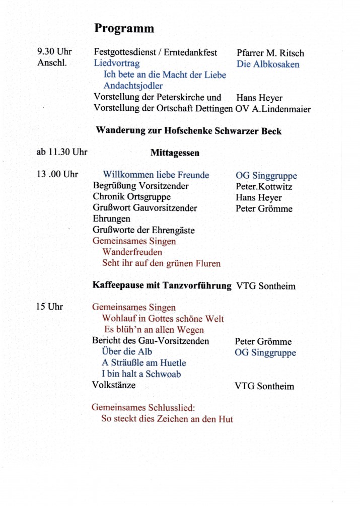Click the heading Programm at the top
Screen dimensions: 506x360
pyautogui.click(x=124, y=29)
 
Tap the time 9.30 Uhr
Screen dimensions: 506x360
pyautogui.click(x=54, y=52)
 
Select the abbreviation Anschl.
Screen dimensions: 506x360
pyautogui.click(x=52, y=63)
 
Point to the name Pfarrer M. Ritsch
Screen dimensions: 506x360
pyautogui.click(x=270, y=53)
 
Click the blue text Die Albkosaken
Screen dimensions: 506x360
pyautogui.click(x=268, y=64)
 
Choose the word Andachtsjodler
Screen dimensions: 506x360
pyautogui.click(x=133, y=86)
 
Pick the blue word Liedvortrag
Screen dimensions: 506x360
pyautogui.click(x=117, y=63)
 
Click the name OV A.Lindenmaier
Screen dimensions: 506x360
pyautogui.click(x=273, y=109)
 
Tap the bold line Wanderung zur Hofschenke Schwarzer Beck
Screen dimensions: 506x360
pyautogui.click(x=188, y=131)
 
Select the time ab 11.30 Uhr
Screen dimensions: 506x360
pyautogui.click(x=62, y=152)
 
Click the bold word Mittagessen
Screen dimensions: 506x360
pyautogui.click(x=175, y=153)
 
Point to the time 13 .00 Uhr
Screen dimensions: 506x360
pyautogui.click(x=57, y=175)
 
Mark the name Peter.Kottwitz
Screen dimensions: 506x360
pyautogui.click(x=264, y=186)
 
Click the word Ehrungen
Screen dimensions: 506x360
pyautogui.click(x=111, y=219)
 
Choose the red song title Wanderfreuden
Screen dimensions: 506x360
pyautogui.click(x=132, y=252)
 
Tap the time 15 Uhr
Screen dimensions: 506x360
pyautogui.click(x=49, y=307)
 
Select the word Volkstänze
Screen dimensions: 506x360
pyautogui.click(x=113, y=386)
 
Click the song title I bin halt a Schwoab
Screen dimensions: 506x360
pyautogui.click(x=141, y=374)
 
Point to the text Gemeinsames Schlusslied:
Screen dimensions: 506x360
pyautogui.click(x=142, y=407)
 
